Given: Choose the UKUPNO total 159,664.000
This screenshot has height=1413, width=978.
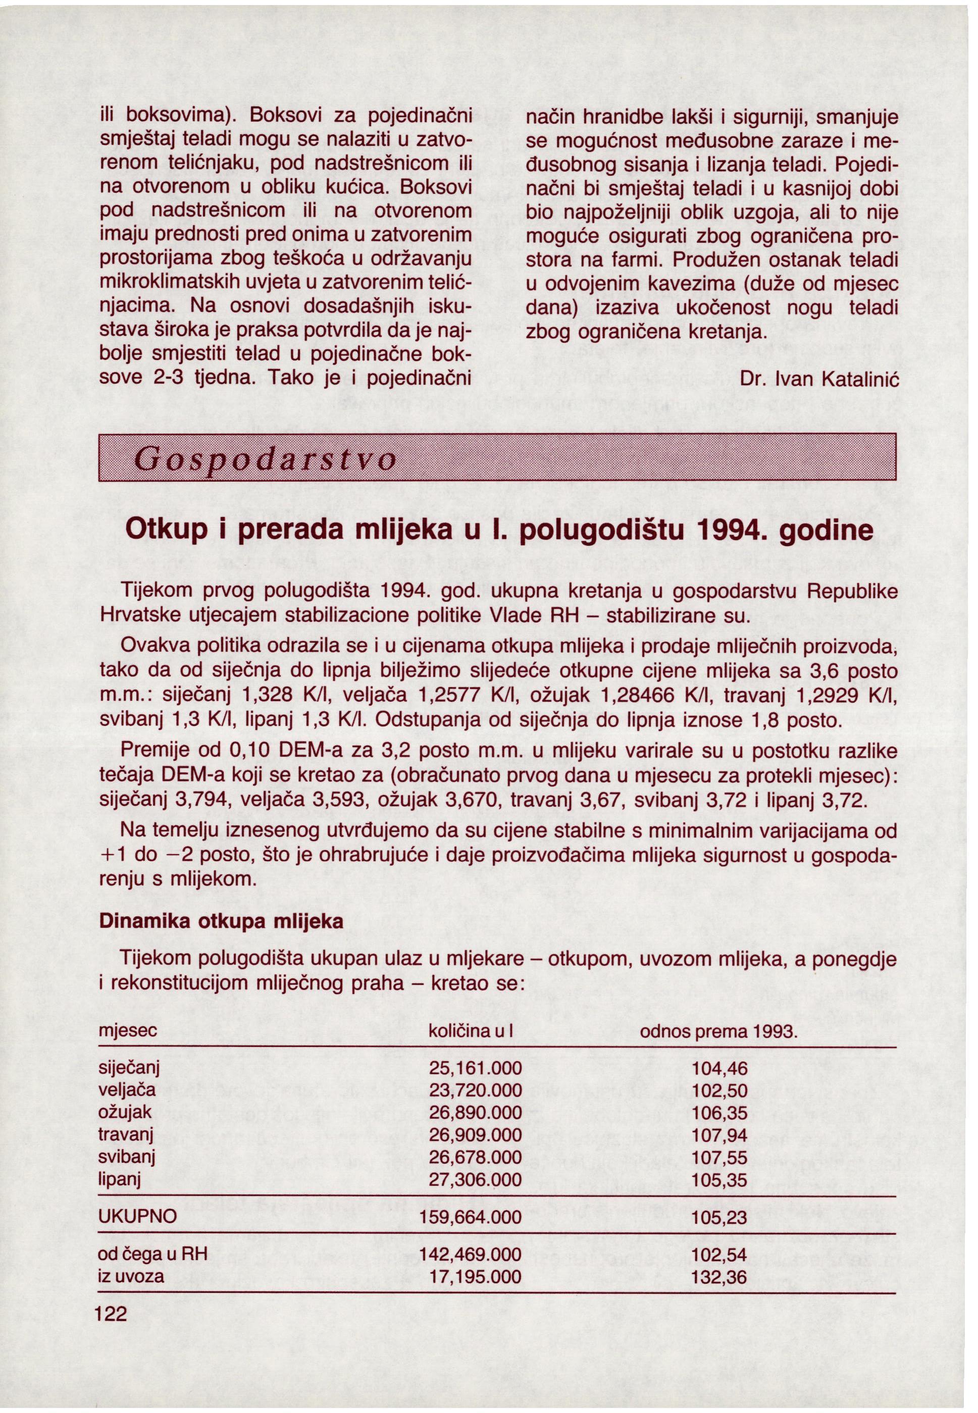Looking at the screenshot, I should [x=471, y=1217].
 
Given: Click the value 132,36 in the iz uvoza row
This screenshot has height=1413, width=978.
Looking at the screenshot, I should [x=719, y=1276].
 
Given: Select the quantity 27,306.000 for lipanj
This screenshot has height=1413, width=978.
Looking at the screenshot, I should [x=475, y=1180].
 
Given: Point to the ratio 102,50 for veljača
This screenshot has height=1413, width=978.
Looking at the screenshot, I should [x=719, y=1091].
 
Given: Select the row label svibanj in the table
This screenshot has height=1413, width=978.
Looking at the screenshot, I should [x=127, y=1158].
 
